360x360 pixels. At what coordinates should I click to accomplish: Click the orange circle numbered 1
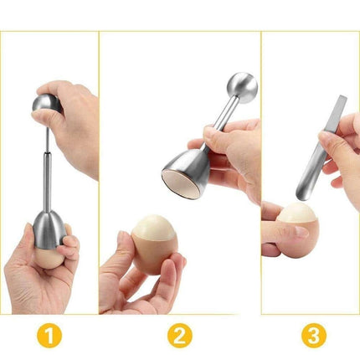(x=51, y=336)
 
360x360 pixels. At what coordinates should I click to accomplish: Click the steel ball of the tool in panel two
(x=242, y=87)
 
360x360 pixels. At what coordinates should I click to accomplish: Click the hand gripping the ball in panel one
(x=75, y=109)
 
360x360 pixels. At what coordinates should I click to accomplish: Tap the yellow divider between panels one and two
(x=99, y=167)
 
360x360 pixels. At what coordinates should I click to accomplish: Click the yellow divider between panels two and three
(x=261, y=167)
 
